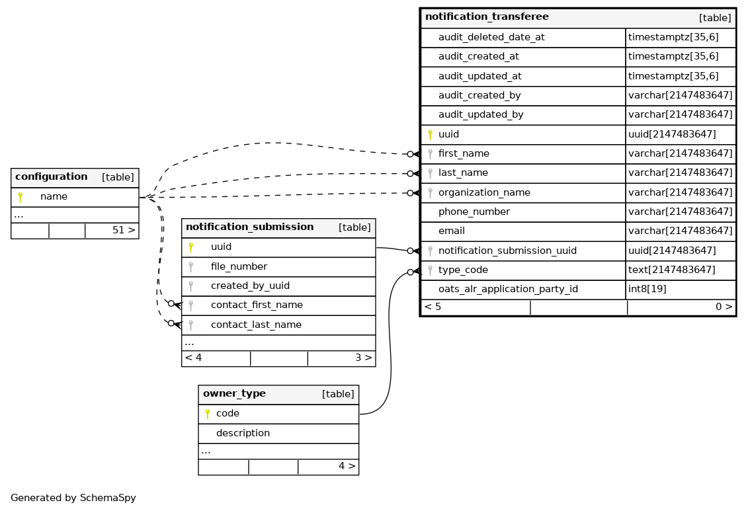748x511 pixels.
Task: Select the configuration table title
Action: [51, 177]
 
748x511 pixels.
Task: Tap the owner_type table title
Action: [234, 394]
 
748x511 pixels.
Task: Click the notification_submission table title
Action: [249, 227]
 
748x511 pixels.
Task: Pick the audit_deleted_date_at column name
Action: [491, 38]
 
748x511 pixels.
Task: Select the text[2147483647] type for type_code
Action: [671, 270]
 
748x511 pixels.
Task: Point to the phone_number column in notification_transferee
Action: [474, 212]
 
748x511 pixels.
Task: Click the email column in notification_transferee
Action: [451, 231]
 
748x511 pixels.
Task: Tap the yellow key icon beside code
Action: [207, 414]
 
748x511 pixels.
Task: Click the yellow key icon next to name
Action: [20, 197]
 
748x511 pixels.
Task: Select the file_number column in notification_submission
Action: [239, 267]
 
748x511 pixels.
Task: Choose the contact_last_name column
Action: [256, 325]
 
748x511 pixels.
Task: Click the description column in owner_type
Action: [243, 434]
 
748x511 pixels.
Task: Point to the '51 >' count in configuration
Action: [123, 231]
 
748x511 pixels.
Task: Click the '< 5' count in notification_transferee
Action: [433, 307]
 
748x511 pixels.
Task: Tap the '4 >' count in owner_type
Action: [347, 466]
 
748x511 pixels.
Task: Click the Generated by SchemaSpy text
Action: [73, 498]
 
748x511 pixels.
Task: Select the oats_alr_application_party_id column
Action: [508, 290]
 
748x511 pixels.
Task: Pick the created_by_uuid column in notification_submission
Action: [250, 286]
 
